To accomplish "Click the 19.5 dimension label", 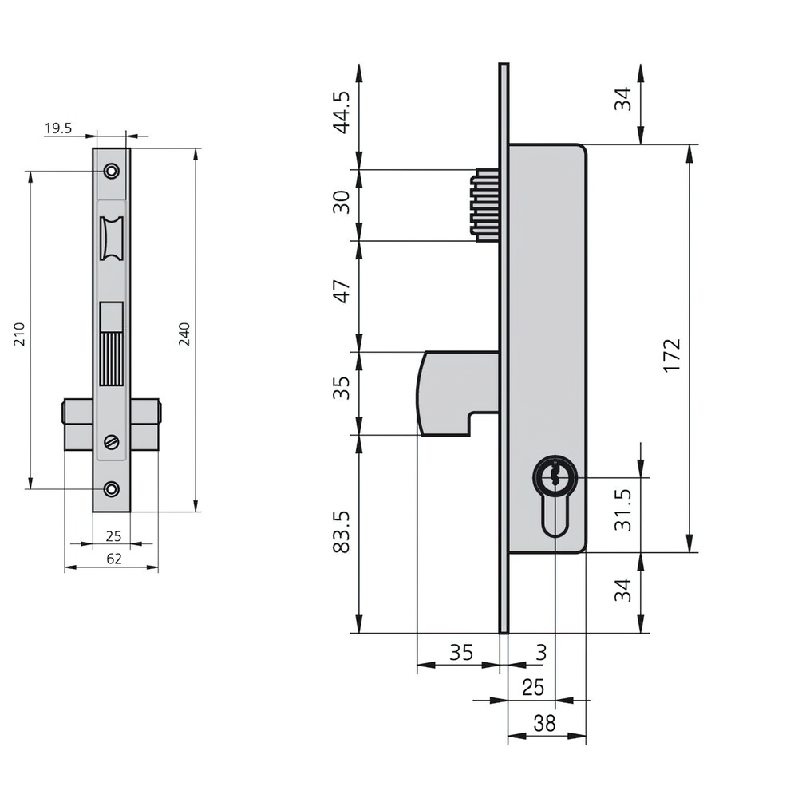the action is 58,128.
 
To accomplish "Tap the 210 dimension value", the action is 19,334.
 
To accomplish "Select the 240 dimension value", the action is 184,334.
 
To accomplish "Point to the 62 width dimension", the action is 114,559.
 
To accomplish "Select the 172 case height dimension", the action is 672,355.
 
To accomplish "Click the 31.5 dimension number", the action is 623,510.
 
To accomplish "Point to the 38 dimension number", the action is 544,723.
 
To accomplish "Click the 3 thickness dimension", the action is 542,652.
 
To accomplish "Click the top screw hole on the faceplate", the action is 112,171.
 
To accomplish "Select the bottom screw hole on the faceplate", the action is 112,489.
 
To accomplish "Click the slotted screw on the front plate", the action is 112,442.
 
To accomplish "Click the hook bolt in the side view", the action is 457,393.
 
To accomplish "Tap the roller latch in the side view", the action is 484,204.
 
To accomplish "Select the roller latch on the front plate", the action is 112,238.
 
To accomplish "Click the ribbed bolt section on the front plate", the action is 112,359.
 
